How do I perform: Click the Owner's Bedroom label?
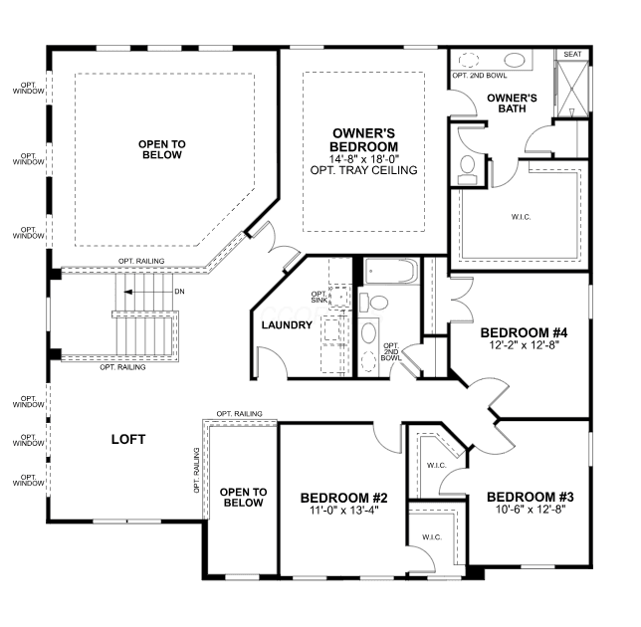point(364,139)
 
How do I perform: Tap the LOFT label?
point(128,439)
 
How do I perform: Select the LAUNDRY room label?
point(287,324)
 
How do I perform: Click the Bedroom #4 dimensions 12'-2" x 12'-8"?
point(525,345)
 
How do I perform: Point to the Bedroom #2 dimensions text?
point(344,511)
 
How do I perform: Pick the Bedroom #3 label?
point(531,497)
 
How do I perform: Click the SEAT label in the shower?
point(572,55)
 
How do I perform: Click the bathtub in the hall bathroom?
point(391,271)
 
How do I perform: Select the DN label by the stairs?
point(179,292)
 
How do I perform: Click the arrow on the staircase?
point(149,292)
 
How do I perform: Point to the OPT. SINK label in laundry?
point(320,298)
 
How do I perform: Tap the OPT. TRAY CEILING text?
point(364,170)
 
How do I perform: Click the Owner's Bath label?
point(512,104)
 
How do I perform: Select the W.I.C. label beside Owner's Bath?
point(522,217)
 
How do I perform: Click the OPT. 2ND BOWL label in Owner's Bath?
point(480,76)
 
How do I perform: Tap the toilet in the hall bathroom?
point(373,303)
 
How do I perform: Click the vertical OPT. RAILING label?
point(197,470)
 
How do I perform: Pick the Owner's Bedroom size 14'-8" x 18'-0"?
point(364,158)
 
